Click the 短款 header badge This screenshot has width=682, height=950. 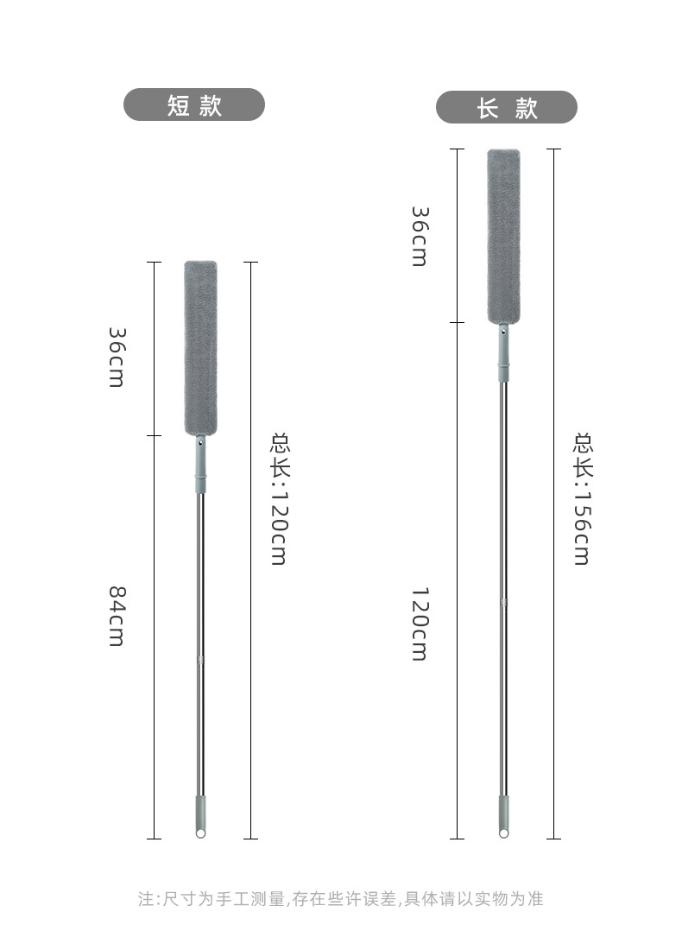pyautogui.click(x=194, y=104)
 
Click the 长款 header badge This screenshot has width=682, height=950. pyautogui.click(x=507, y=107)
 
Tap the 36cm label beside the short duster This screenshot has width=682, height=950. pyautogui.click(x=117, y=357)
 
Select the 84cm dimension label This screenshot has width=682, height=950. pyautogui.click(x=117, y=616)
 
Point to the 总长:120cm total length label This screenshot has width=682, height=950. pyautogui.click(x=279, y=498)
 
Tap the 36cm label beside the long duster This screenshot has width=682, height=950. pyautogui.click(x=420, y=237)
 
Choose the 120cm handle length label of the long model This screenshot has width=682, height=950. pyautogui.click(x=420, y=624)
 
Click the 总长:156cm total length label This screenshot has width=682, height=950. pyautogui.click(x=583, y=498)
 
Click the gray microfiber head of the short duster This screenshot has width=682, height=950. pyautogui.click(x=200, y=348)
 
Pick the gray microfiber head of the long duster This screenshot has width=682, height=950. pyautogui.click(x=504, y=236)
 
